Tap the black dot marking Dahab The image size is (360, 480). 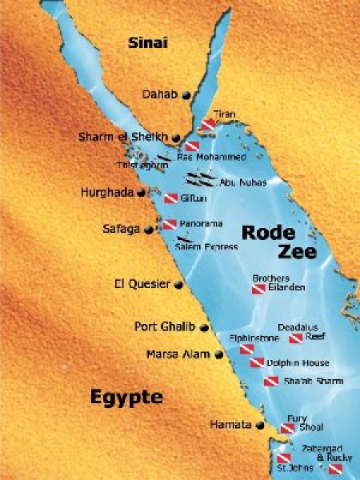[x=186, y=95]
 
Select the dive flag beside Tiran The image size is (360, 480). [x=208, y=125]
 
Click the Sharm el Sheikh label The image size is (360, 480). [x=123, y=137]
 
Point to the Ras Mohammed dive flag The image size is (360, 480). [x=192, y=146]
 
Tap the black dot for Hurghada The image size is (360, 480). [x=142, y=193]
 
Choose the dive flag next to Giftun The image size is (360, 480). [x=170, y=198]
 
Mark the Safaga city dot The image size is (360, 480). [x=147, y=229]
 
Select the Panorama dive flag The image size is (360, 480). [x=170, y=225]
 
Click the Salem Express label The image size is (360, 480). [x=206, y=247]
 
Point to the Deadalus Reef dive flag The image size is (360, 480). [x=294, y=338]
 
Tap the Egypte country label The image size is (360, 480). [x=126, y=397]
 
